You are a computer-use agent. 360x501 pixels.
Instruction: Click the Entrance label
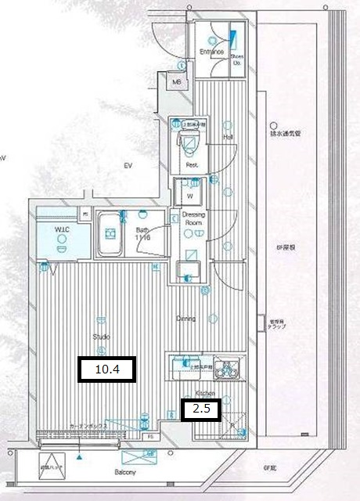[211, 52]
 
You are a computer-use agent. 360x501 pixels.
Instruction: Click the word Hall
[229, 136]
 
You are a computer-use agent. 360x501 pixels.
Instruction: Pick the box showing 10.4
[107, 369]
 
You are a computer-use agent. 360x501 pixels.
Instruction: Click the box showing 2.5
[200, 408]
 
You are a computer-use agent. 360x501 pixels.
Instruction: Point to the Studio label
[101, 337]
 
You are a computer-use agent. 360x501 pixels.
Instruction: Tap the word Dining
[185, 319]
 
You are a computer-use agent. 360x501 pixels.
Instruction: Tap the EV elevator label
[128, 166]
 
